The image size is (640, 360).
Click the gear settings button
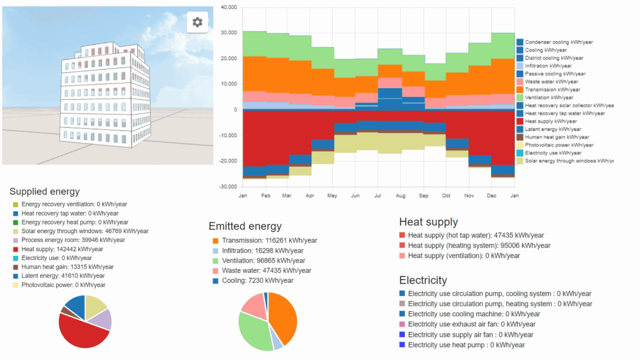[197, 22]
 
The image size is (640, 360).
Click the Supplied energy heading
[45, 192]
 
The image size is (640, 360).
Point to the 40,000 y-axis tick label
[229, 7]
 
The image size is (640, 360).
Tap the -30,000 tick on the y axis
[228, 187]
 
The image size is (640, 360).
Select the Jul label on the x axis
[377, 195]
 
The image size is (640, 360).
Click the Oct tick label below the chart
[446, 195]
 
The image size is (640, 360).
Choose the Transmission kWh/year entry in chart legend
[552, 90]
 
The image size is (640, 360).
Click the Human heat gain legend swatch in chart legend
[520, 137]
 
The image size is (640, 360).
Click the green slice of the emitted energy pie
[254, 331]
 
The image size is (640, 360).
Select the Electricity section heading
[423, 280]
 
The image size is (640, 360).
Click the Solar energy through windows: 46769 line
[85, 231]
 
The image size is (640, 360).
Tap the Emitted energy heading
[245, 226]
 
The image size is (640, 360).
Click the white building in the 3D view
[104, 96]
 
